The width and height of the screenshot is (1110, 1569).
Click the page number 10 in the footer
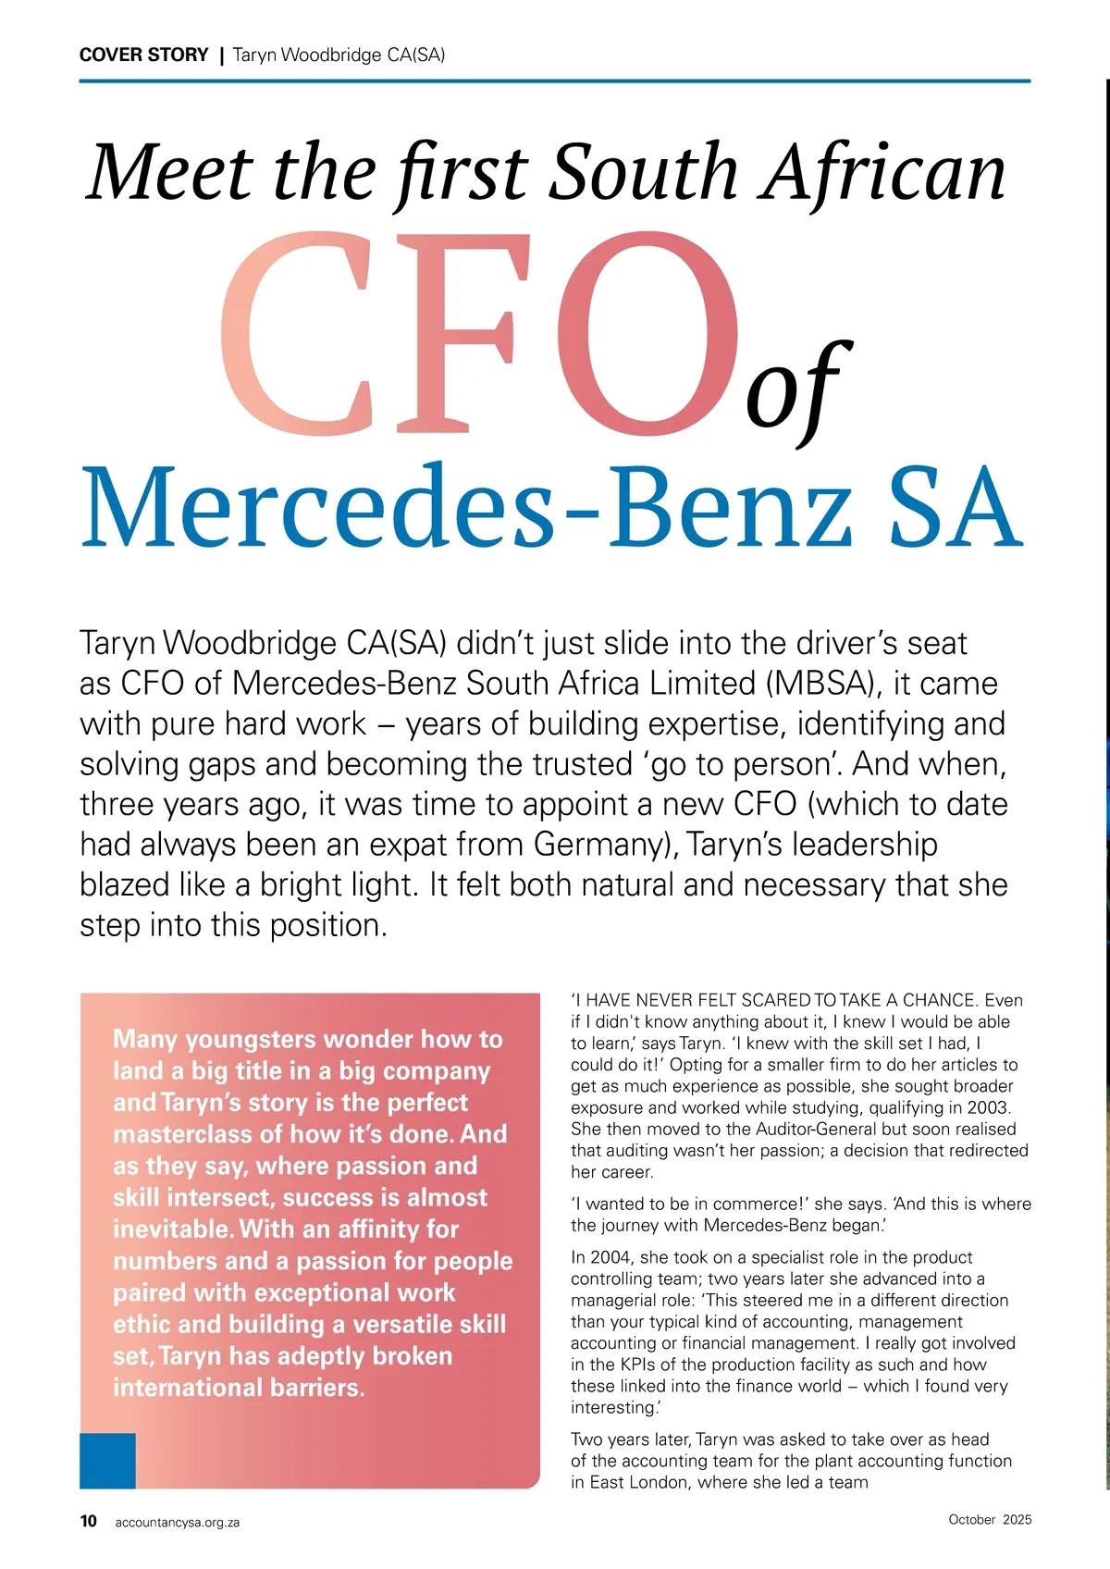pyautogui.click(x=89, y=1521)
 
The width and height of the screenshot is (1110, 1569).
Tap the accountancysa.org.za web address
pyautogui.click(x=177, y=1522)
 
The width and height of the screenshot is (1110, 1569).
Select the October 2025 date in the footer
pyautogui.click(x=990, y=1519)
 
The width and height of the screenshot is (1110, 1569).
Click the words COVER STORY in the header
pyautogui.click(x=143, y=55)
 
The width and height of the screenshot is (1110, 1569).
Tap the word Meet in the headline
pyautogui.click(x=169, y=173)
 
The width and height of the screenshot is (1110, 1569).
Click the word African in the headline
pyautogui.click(x=883, y=173)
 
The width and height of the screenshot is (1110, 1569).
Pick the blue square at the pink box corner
pyautogui.click(x=107, y=1461)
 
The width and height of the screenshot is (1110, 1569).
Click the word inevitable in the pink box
pyautogui.click(x=172, y=1229)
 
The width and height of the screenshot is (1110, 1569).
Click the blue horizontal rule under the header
pyautogui.click(x=555, y=81)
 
